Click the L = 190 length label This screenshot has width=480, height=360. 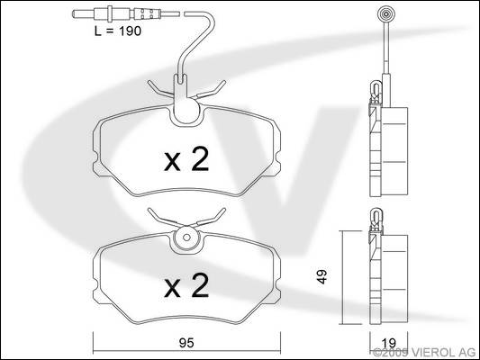pos(118,31)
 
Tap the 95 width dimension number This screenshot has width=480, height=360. pos(186,343)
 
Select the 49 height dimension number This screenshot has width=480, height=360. pos(322,276)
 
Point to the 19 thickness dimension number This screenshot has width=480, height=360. pos(389,343)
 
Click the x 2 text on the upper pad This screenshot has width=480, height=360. pos(186,159)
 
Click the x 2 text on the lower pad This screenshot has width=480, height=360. pos(186,286)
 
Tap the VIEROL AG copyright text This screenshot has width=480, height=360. pos(424,353)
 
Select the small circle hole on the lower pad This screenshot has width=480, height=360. pos(186,238)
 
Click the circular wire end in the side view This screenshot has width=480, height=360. pos(386,14)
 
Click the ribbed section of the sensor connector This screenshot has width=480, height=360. pos(147,13)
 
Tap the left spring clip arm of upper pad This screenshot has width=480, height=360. pos(160,90)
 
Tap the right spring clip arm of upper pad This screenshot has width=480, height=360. pos(212,90)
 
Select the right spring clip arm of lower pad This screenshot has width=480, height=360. pos(212,217)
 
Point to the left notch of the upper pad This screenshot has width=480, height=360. pos(95,160)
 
